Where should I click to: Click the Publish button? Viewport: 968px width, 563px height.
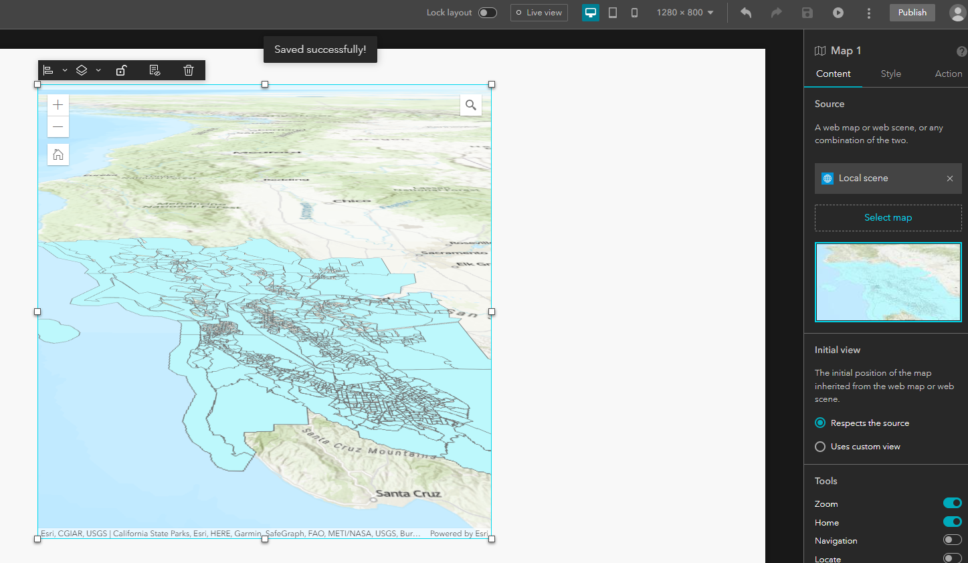[x=912, y=13]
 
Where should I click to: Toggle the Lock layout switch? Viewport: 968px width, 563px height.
[x=488, y=13]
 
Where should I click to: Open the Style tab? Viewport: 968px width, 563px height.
[x=890, y=74]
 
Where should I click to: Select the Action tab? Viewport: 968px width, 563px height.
[x=948, y=74]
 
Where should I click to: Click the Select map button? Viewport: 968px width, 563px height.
[x=888, y=217]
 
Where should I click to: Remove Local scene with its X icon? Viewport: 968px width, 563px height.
[x=949, y=179]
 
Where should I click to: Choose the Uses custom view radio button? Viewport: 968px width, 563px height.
[x=820, y=447]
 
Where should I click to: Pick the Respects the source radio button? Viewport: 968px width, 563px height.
[x=820, y=423]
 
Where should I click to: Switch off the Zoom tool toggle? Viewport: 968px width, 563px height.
[x=952, y=503]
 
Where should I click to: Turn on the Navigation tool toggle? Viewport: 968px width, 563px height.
[x=952, y=540]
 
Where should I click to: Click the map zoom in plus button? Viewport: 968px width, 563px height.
[x=58, y=105]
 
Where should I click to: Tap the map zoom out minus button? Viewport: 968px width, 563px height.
[x=58, y=126]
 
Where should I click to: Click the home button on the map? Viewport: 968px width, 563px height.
[x=58, y=154]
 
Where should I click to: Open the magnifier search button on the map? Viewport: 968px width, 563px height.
[x=471, y=105]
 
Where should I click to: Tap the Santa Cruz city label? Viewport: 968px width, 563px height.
[x=407, y=494]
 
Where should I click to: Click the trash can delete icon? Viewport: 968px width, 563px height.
[x=189, y=70]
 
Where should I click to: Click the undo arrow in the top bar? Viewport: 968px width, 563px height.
[x=746, y=13]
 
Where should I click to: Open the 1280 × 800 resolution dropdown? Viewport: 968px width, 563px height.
[x=685, y=13]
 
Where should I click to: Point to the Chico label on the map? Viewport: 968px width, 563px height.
[x=352, y=201]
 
